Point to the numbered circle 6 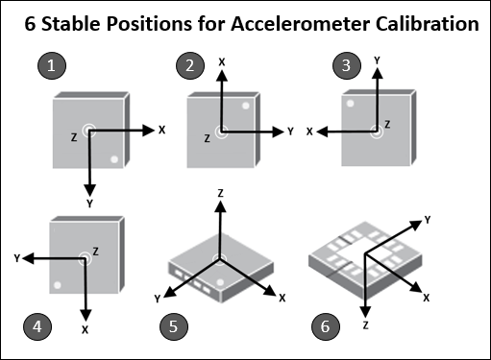(x=327, y=326)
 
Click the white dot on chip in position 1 (x=114, y=159)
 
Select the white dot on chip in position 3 (x=352, y=102)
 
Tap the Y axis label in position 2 (x=289, y=130)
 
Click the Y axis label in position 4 (x=17, y=257)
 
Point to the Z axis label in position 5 (x=220, y=193)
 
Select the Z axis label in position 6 (x=366, y=326)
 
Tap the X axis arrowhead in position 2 (x=221, y=76)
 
